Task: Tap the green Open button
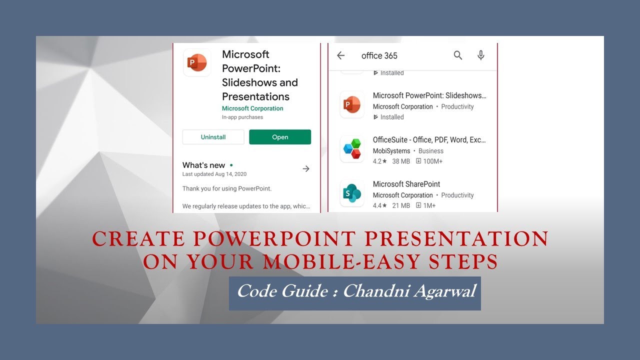tap(280, 137)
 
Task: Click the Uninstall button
tap(213, 137)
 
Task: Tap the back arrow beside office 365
tap(341, 55)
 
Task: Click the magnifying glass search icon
tap(458, 55)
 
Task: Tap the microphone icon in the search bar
tap(481, 55)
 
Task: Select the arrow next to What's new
tap(306, 169)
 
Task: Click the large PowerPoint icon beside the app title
tap(197, 62)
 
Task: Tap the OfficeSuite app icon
tap(352, 148)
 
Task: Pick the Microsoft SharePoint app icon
tap(352, 193)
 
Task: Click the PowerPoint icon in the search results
tap(352, 104)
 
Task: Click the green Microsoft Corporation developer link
tap(252, 108)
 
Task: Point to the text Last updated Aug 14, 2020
tap(214, 174)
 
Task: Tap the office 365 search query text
tap(379, 55)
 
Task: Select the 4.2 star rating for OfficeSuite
tap(379, 161)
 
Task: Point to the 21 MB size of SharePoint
tap(401, 205)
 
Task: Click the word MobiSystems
tap(391, 151)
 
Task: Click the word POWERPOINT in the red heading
tap(276, 239)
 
